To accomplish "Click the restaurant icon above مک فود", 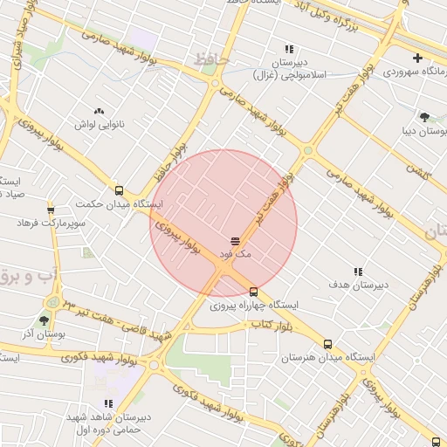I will click(234, 240).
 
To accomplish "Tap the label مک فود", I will click(235, 254).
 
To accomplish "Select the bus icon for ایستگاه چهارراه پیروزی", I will click(253, 292).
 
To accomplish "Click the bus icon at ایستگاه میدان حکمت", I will click(119, 190).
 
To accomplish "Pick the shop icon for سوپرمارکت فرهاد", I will click(52, 210).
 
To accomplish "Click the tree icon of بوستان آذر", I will click(44, 320).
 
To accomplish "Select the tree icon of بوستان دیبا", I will click(425, 116).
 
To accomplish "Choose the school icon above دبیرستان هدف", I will click(357, 272).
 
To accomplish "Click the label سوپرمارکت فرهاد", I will click(52, 223).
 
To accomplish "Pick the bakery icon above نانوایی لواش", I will click(99, 111).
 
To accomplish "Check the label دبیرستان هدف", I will click(358, 285).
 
